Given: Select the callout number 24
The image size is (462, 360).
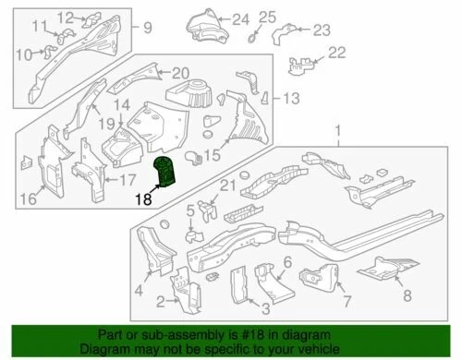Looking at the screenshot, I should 240,18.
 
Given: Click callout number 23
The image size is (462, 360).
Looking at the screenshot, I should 321,30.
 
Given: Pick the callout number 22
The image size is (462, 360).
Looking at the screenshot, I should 336,52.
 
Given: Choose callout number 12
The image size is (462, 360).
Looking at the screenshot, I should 64,18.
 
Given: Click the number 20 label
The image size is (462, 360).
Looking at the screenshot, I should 179,73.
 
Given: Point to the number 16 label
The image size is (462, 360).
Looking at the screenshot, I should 28,198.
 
